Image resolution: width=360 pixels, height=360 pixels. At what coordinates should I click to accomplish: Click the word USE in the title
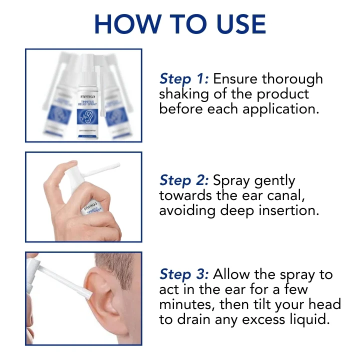(237, 23)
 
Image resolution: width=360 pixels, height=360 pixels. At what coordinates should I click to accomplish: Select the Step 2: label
(184, 180)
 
